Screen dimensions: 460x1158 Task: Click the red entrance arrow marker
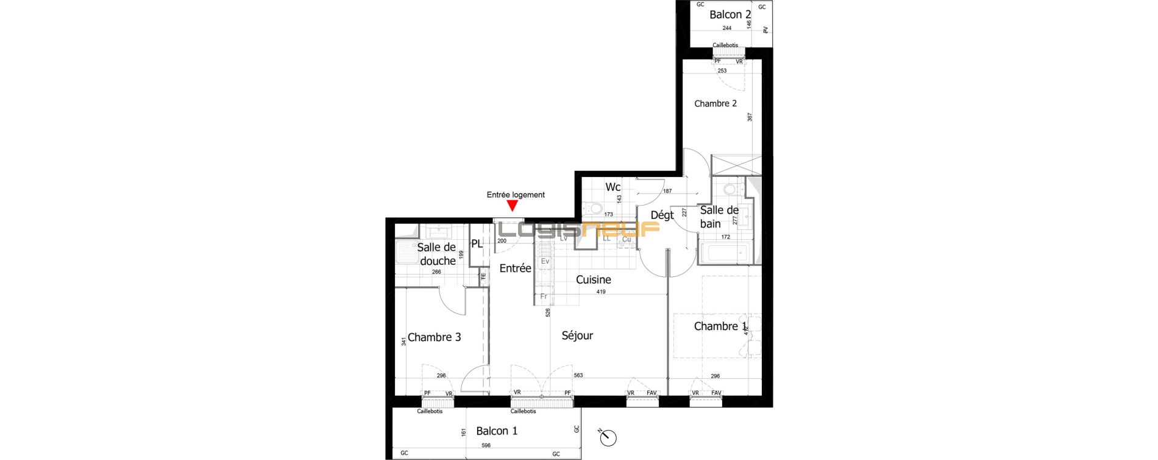point(513,206)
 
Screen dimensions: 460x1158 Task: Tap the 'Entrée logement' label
point(516,195)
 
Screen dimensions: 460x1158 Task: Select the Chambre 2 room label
point(716,104)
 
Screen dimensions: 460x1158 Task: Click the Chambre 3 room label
point(434,337)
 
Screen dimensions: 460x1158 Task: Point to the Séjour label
point(577,336)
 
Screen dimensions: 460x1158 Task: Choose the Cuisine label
point(593,280)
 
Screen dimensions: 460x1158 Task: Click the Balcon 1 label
point(497,431)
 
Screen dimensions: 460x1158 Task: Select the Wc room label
point(613,187)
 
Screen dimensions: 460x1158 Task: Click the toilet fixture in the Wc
point(595,209)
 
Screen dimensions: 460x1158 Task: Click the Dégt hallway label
point(662,215)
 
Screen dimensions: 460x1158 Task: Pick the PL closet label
point(477,244)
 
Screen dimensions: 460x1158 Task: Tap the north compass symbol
point(608,437)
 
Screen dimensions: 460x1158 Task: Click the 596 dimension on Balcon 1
point(486,446)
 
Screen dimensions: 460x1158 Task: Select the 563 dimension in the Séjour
point(578,376)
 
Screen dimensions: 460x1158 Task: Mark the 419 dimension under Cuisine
point(601,292)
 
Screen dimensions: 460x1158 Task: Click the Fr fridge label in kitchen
point(544,297)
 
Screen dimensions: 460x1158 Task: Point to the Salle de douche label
point(437,254)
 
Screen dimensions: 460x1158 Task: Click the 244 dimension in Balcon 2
point(727,29)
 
